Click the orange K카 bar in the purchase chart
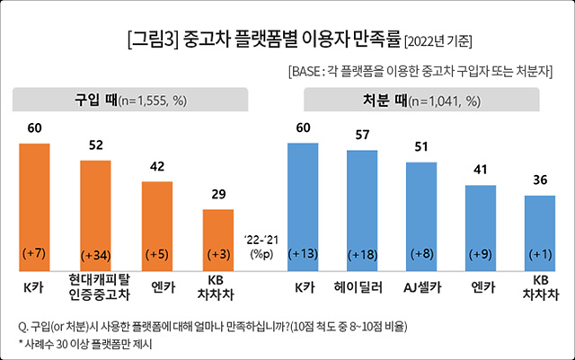(x=35, y=206)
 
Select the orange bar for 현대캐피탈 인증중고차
(x=96, y=215)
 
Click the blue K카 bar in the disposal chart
(x=303, y=206)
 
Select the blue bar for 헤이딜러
(x=362, y=211)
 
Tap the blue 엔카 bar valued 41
(x=481, y=228)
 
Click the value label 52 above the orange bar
(x=96, y=144)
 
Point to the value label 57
(x=362, y=136)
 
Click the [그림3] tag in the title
(x=154, y=40)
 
